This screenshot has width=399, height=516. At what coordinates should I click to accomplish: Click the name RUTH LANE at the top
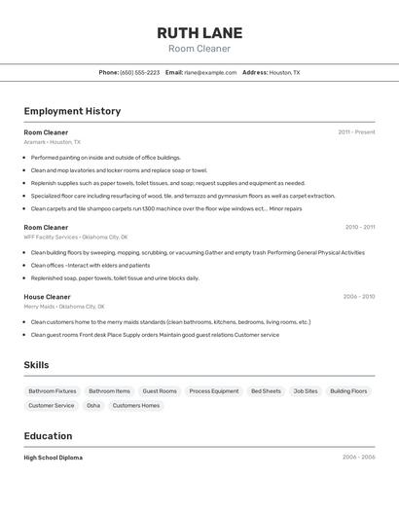[199, 32]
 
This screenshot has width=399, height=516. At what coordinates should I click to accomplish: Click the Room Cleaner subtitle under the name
[199, 49]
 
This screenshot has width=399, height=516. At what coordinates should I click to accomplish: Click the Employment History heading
[72, 111]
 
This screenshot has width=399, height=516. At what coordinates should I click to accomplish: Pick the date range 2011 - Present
[356, 131]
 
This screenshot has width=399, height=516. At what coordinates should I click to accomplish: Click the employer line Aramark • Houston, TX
[53, 142]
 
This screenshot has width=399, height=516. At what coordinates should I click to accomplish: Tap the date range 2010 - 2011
[359, 227]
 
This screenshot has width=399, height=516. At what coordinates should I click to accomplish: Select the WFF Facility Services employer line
[76, 237]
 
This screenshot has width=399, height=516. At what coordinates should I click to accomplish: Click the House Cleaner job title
[48, 296]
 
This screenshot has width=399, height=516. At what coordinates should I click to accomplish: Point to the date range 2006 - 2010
[358, 296]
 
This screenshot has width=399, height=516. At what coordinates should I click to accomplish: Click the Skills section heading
[37, 365]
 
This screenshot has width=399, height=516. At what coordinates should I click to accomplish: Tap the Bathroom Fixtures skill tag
[53, 391]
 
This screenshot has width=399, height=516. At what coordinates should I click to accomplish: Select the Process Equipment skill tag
[213, 391]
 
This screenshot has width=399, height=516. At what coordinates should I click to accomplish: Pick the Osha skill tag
[93, 405]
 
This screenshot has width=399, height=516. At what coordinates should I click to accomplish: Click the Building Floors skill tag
[348, 391]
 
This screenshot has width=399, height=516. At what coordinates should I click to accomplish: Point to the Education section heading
[48, 436]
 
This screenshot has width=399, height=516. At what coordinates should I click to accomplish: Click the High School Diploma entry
[54, 457]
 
